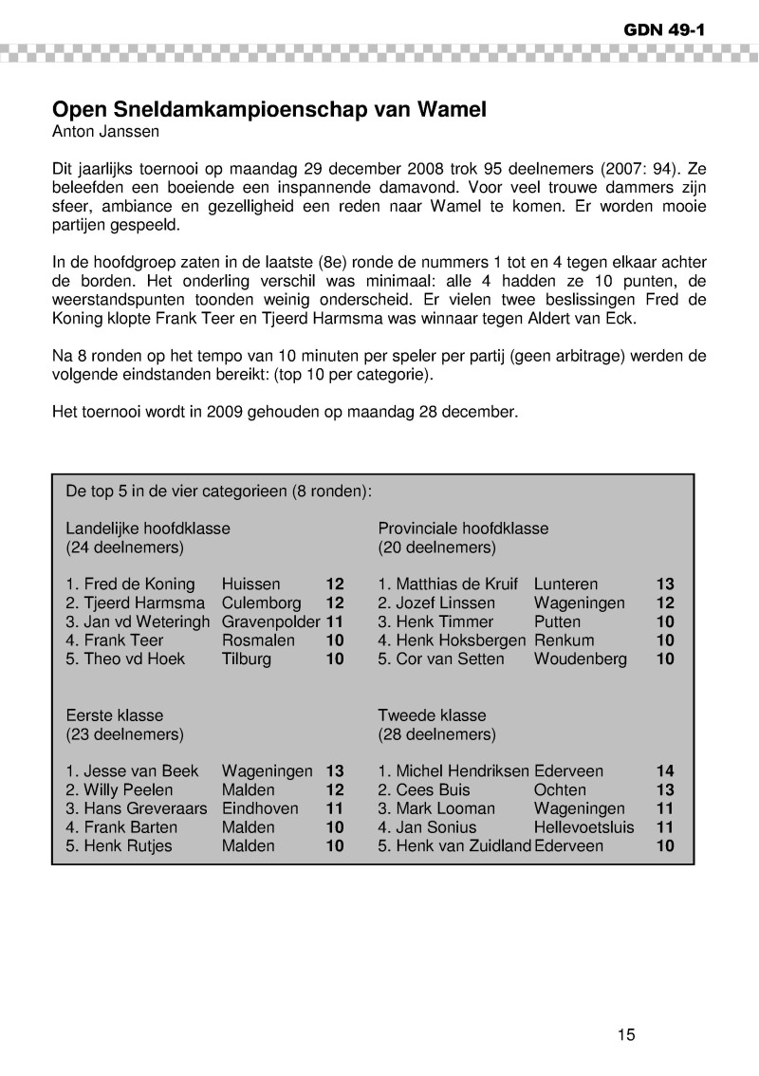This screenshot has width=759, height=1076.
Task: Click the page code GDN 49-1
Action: [663, 29]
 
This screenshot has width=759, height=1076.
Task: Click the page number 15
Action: [625, 1035]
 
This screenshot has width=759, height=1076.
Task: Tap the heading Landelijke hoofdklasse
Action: [148, 529]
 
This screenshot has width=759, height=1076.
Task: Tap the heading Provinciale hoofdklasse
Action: [463, 529]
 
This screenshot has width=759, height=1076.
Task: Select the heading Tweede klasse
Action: [432, 715]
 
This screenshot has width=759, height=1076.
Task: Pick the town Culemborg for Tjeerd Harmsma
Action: [261, 603]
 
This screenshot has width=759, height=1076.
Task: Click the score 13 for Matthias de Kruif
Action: [665, 584]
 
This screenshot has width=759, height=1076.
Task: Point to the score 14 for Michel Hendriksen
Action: [665, 771]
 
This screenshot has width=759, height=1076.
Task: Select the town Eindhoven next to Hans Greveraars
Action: [260, 809]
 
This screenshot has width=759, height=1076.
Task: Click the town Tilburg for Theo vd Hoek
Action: [246, 659]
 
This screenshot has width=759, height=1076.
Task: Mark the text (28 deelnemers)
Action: [436, 734]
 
